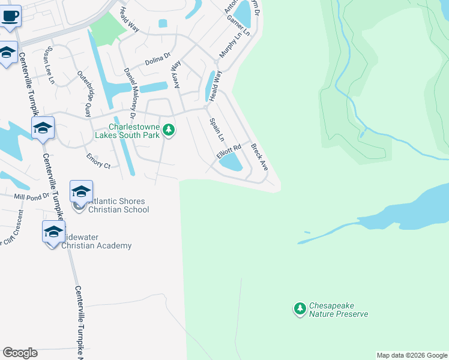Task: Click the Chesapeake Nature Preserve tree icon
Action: pyautogui.click(x=300, y=309)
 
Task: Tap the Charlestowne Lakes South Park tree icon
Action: pyautogui.click(x=169, y=130)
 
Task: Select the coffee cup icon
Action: pyautogui.click(x=10, y=16)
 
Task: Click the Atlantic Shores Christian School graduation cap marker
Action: pyautogui.click(x=81, y=191)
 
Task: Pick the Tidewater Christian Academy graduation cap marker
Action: pyautogui.click(x=53, y=232)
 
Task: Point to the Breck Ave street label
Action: pyautogui.click(x=259, y=155)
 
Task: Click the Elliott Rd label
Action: pyautogui.click(x=228, y=151)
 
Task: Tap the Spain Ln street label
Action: pyautogui.click(x=216, y=130)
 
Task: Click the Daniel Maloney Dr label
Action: pyautogui.click(x=130, y=88)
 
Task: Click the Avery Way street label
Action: pyautogui.click(x=176, y=75)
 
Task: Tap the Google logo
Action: pyautogui.click(x=20, y=353)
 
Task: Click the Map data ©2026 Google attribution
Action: pyautogui.click(x=412, y=355)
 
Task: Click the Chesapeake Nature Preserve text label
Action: pyautogui.click(x=338, y=310)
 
